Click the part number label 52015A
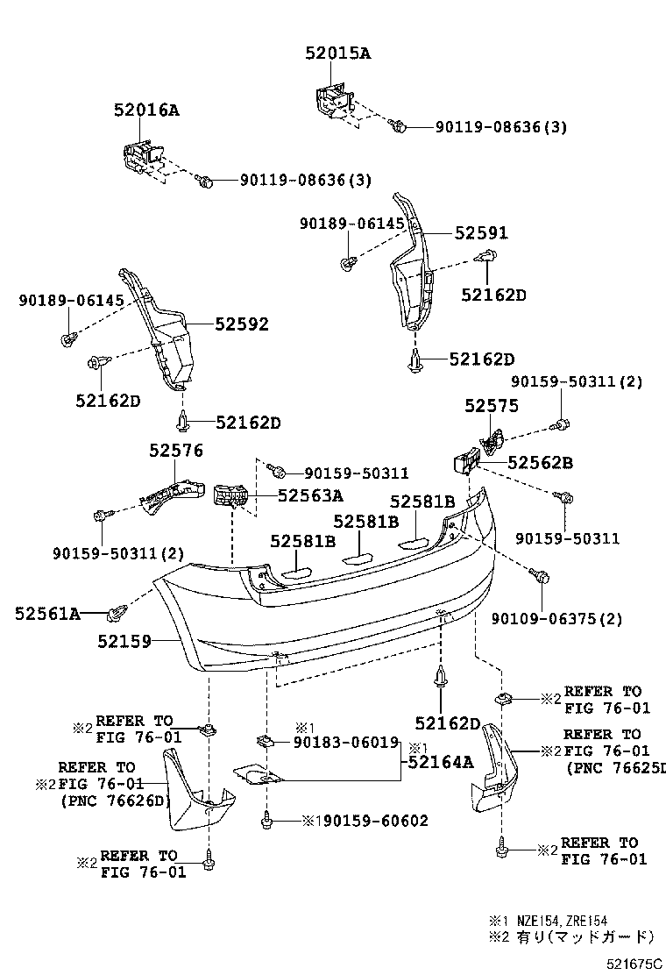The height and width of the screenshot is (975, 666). [x=338, y=53]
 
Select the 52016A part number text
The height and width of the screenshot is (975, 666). [x=145, y=110]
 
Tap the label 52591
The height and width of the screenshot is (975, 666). [x=481, y=233]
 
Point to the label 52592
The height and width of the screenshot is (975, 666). [x=242, y=324]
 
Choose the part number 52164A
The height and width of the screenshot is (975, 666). [x=438, y=762]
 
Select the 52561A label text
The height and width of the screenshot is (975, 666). [x=47, y=614]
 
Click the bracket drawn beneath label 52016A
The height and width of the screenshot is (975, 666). [x=140, y=157]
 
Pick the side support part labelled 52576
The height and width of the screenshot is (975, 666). [x=168, y=495]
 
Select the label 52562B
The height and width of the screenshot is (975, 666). [x=540, y=461]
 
